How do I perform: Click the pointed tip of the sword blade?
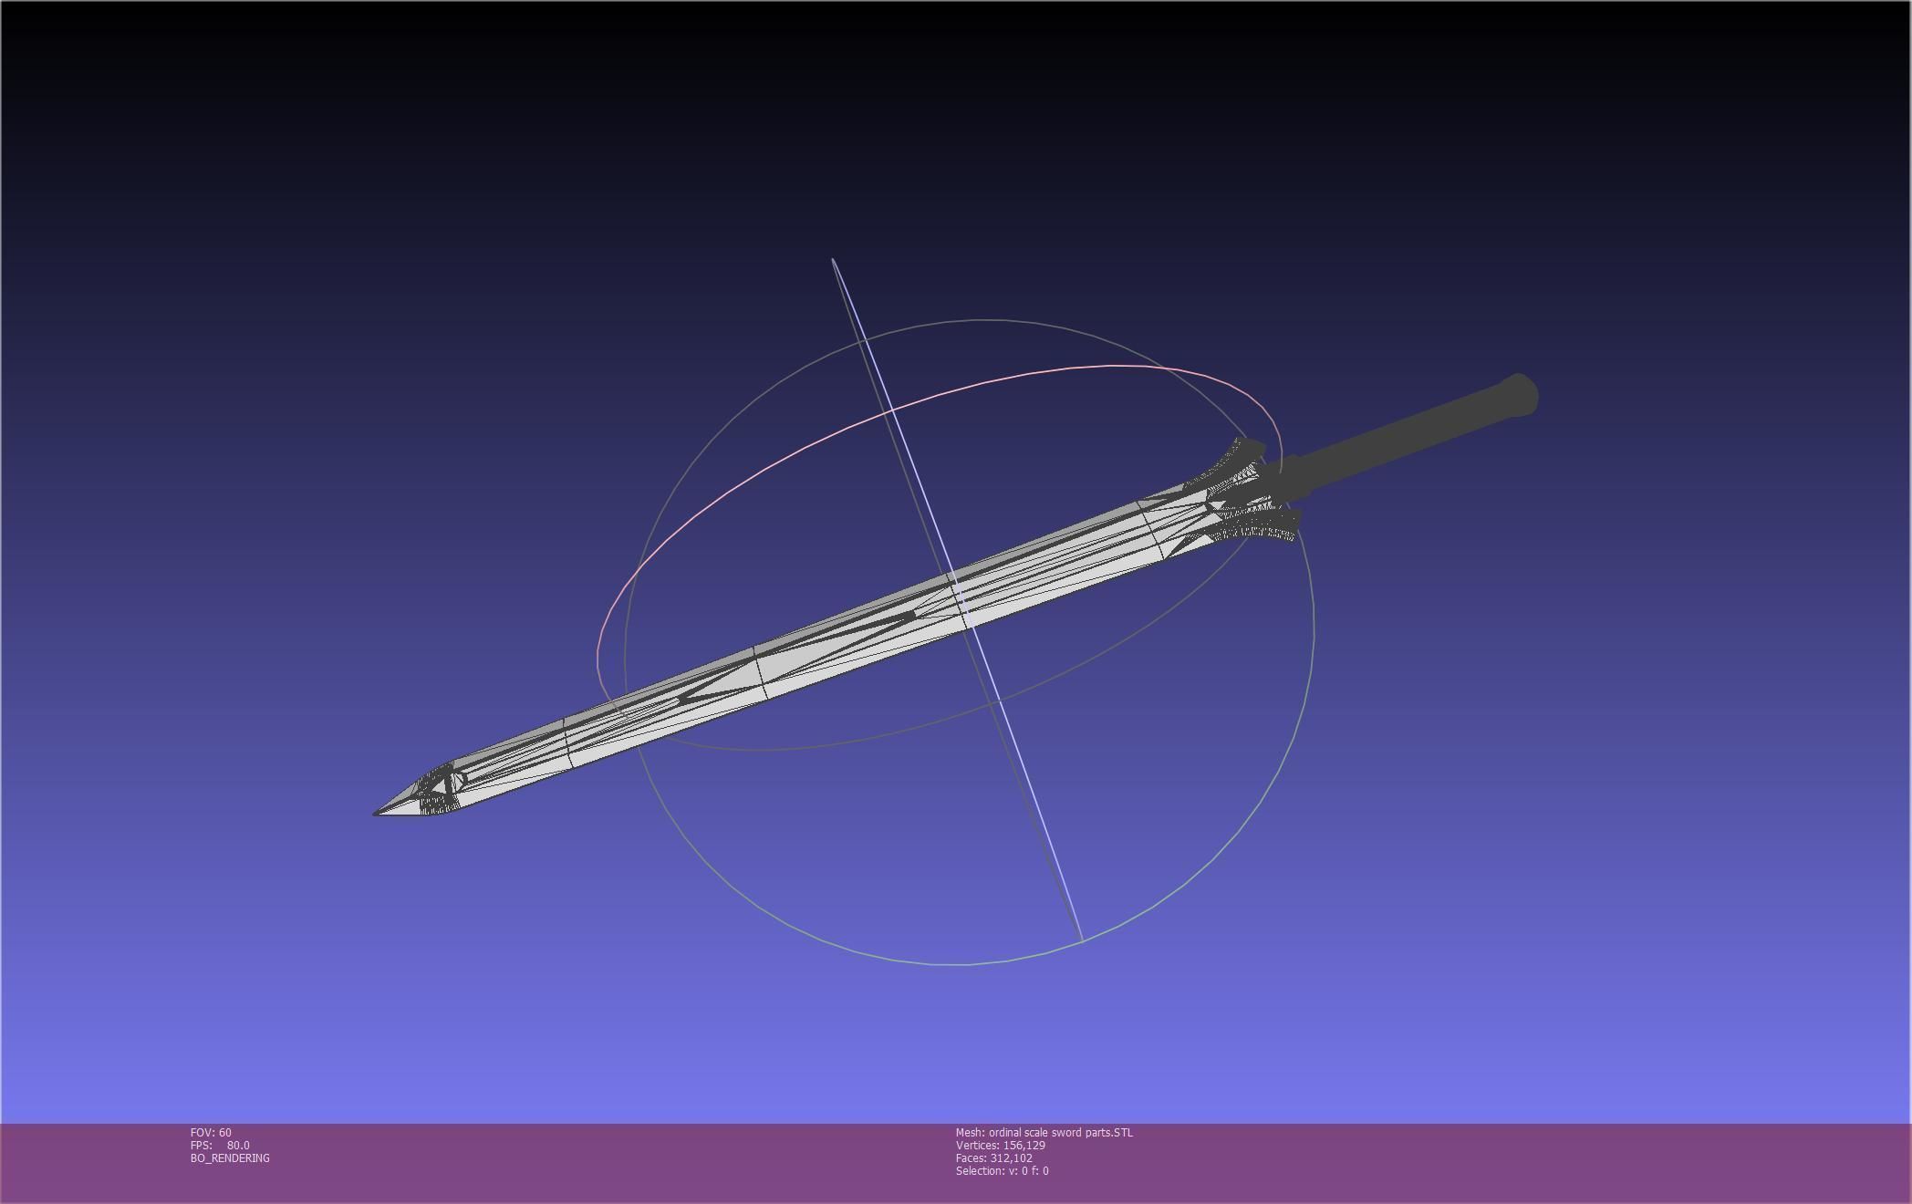click(377, 812)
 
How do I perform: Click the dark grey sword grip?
click(1396, 442)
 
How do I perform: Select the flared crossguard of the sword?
click(1250, 493)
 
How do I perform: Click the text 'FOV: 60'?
click(211, 1133)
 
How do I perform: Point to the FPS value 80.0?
click(238, 1146)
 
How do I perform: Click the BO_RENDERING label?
click(230, 1158)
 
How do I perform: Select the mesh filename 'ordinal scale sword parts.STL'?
click(1061, 1133)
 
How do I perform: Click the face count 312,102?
click(1011, 1158)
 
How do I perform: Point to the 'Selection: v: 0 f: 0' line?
click(1002, 1171)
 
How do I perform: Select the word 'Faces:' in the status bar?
click(971, 1158)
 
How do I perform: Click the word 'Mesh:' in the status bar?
click(970, 1133)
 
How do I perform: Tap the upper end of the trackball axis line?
click(834, 261)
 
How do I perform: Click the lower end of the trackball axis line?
click(1081, 939)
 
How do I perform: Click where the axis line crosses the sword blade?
click(958, 602)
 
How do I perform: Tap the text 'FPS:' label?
click(201, 1146)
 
